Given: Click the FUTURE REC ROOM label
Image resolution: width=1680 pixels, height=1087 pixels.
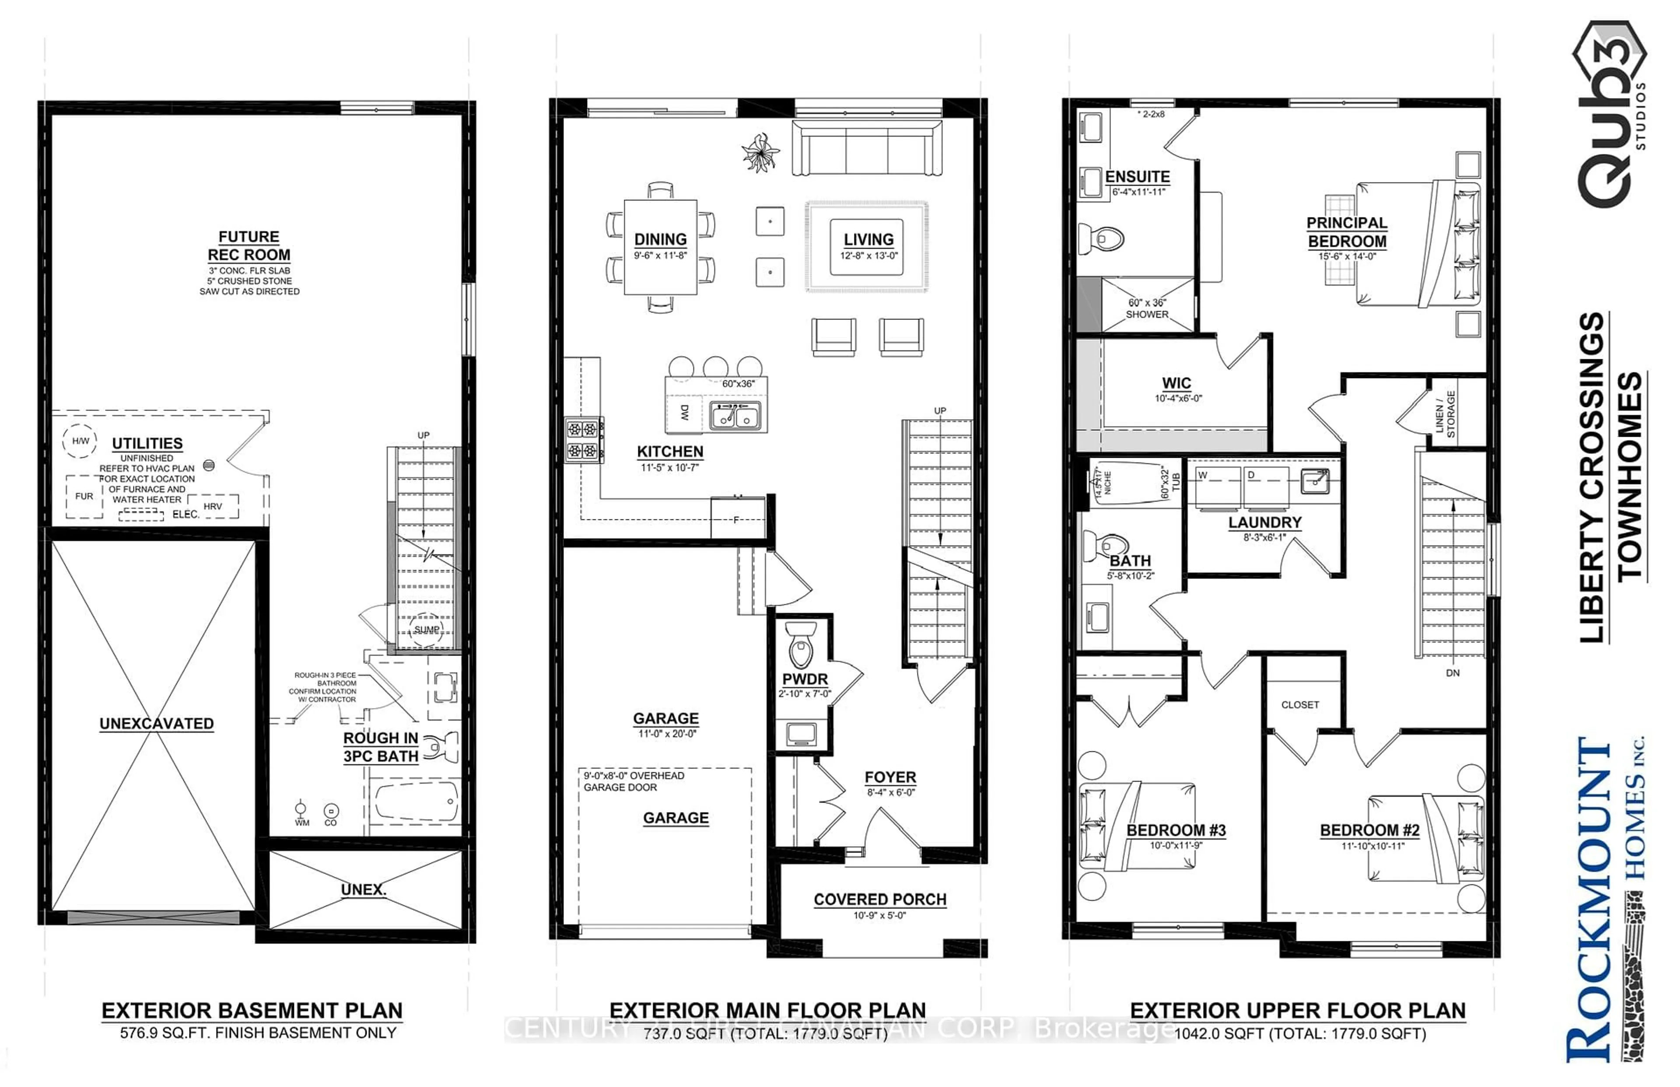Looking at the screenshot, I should (x=248, y=245).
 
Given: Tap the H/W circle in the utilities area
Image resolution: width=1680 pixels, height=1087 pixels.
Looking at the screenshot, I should (x=80, y=441).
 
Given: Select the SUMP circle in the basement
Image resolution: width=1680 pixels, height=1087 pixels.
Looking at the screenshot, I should (x=426, y=629).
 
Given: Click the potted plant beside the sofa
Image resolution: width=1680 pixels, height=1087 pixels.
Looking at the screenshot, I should (x=760, y=152).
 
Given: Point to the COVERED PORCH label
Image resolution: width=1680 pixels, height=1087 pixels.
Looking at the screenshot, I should (x=879, y=899).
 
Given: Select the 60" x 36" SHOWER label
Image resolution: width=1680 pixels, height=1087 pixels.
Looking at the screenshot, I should (x=1147, y=309).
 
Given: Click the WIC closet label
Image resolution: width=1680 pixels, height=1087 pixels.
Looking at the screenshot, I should (x=1176, y=383).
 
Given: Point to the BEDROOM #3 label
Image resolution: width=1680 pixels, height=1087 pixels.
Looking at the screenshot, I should (x=1176, y=830).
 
